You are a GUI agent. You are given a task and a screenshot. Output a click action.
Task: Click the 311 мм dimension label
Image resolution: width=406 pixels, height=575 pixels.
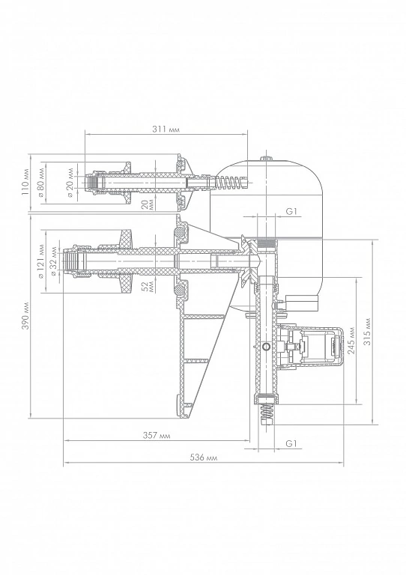tap(166, 130)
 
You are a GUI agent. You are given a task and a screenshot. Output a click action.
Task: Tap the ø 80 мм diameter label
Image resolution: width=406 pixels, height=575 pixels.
tap(41, 182)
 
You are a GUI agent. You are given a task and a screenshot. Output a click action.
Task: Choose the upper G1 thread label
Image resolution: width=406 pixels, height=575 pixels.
tap(291, 211)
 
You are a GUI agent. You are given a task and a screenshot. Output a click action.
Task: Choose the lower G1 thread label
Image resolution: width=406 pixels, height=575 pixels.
tap(291, 443)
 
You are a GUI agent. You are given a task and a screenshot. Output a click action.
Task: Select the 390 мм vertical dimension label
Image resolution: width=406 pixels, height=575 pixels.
tap(25, 316)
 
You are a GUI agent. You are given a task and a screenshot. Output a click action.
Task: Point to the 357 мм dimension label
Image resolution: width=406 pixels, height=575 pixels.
tap(157, 435)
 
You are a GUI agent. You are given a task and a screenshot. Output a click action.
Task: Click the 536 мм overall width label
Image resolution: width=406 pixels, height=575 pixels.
tap(204, 457)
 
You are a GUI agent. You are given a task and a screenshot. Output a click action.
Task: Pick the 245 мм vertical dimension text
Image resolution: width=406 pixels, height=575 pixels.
tap(352, 341)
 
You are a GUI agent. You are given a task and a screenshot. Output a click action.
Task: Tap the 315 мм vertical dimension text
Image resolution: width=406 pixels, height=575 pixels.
tap(368, 332)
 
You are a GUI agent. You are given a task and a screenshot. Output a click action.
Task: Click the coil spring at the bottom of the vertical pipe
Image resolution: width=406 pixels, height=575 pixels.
tap(267, 414)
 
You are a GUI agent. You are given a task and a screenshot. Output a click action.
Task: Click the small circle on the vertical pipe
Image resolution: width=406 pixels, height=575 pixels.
tap(267, 347)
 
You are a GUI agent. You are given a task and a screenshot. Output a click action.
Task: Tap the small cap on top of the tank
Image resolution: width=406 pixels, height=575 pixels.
tap(267, 159)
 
